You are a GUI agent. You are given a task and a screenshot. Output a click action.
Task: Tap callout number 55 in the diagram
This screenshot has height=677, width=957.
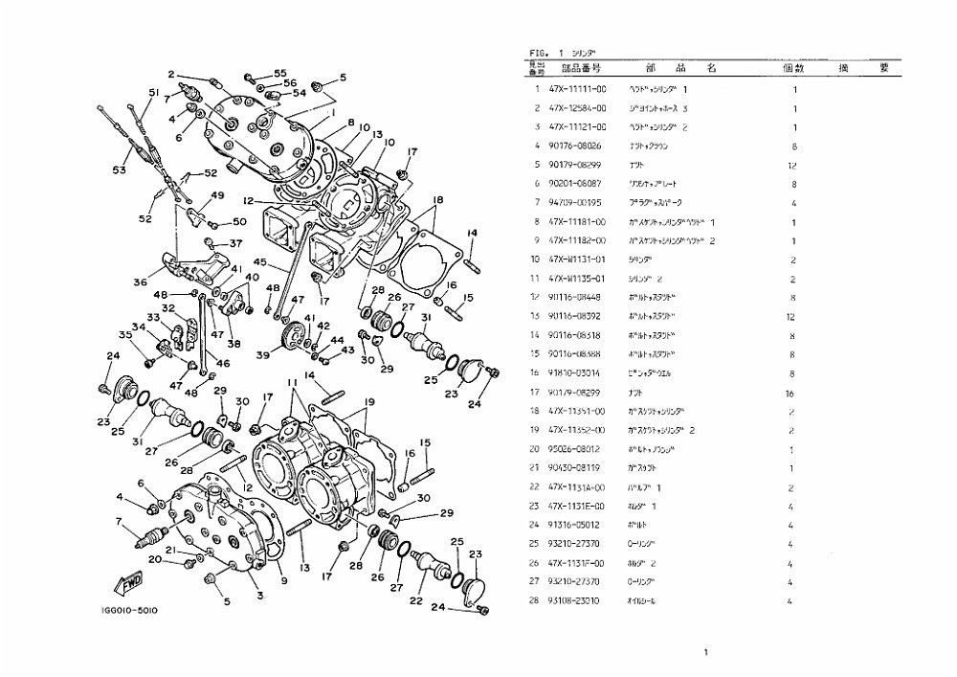point(279,74)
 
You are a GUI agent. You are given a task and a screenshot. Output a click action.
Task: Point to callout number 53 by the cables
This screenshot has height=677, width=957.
point(119,170)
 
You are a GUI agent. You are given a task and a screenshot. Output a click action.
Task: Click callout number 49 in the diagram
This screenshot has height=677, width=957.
point(217,195)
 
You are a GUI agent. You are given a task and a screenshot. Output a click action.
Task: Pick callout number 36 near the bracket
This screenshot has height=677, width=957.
point(140,282)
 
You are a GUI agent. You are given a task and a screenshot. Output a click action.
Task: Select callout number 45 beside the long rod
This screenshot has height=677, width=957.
point(259,262)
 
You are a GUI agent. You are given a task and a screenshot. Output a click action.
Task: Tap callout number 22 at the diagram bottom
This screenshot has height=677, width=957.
point(415,600)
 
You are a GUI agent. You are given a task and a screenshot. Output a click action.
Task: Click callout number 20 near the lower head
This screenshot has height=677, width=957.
point(168,560)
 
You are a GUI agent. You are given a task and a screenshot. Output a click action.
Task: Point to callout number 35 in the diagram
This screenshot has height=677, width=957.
point(123,334)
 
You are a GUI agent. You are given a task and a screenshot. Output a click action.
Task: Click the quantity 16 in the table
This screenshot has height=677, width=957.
point(793,392)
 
